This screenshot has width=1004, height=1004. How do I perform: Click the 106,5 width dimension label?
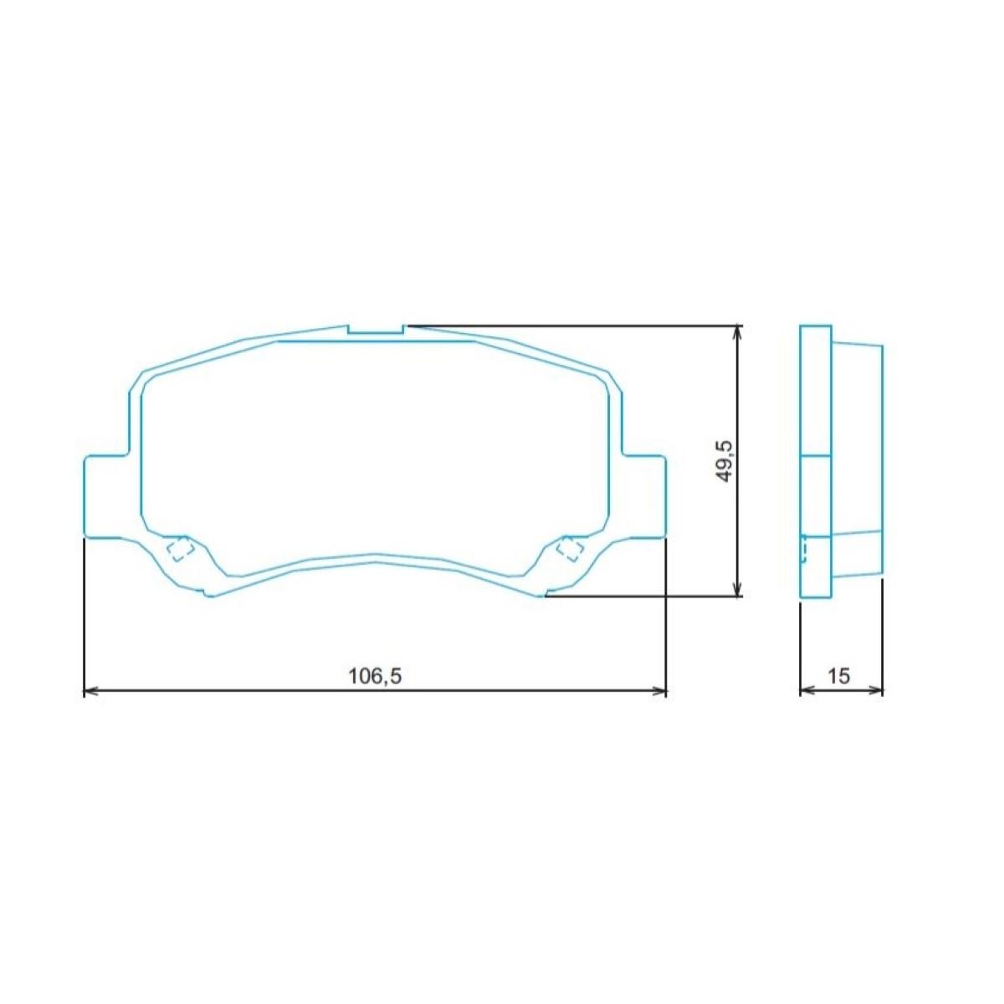[x=375, y=676]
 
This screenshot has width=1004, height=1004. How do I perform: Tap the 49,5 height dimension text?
[x=725, y=460]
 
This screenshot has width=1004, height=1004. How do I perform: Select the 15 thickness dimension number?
[x=839, y=676]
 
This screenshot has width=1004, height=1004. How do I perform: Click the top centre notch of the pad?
[x=375, y=329]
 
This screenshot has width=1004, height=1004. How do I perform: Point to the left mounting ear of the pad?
[x=105, y=495]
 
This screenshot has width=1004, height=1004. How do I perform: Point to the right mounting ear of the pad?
[x=644, y=495]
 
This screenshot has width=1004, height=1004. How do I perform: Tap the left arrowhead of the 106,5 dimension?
[x=90, y=691]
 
